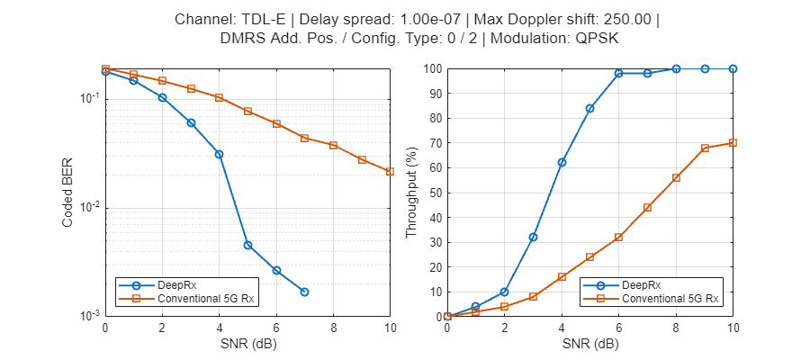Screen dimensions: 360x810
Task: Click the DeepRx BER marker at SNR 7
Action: click(x=304, y=292)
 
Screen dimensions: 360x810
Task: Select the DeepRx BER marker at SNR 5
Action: click(x=247, y=245)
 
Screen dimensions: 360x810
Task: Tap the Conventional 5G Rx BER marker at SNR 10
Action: click(x=390, y=171)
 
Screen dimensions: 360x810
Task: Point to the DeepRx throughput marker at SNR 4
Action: click(x=562, y=162)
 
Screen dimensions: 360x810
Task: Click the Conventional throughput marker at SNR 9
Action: click(x=705, y=148)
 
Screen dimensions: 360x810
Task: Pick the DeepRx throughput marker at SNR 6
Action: click(x=619, y=73)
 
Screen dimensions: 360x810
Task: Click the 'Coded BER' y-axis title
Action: click(x=68, y=193)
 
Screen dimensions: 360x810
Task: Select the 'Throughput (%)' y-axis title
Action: click(x=411, y=193)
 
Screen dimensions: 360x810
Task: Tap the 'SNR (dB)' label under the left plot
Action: click(x=247, y=344)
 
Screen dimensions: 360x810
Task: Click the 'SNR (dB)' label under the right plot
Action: click(x=590, y=344)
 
